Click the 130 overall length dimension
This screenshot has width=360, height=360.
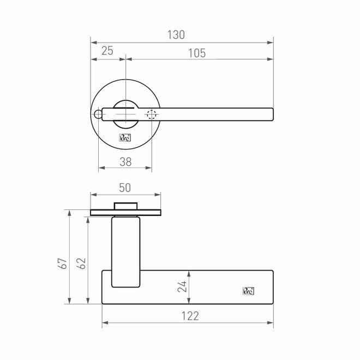coord(176,34)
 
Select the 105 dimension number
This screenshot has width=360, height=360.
coord(196,52)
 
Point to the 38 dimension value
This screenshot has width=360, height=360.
coord(125,161)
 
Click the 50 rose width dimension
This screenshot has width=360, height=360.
coord(125,187)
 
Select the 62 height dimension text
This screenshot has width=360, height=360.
coord(82,263)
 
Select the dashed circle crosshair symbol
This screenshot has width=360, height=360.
coord(151,115)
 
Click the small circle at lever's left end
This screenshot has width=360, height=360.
coord(98,114)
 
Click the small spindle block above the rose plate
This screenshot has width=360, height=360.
coord(125,206)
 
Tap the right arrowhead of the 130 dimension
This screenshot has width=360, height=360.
coord(271,41)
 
